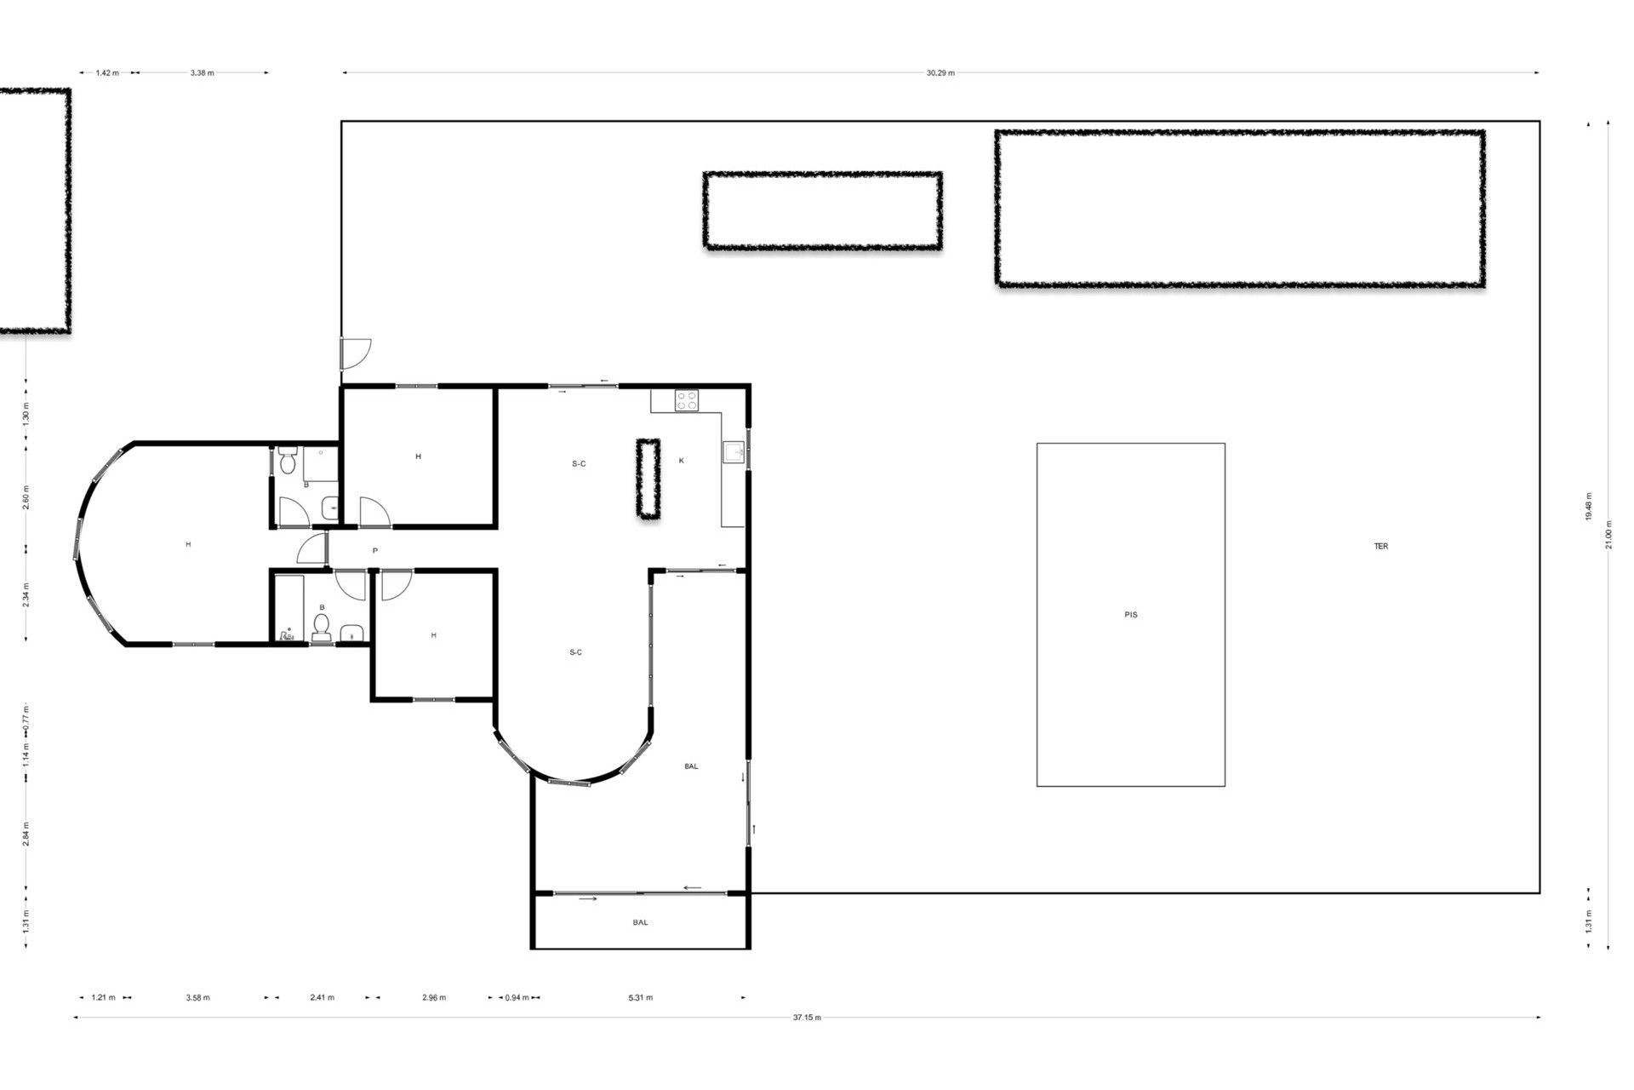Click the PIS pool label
1130,614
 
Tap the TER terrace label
1380,546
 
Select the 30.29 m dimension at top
940,73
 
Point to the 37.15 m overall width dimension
807,1018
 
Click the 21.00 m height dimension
1608,535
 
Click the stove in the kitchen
687,400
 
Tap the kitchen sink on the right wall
734,452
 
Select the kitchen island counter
648,479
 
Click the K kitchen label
682,461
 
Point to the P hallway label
375,551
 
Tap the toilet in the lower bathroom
322,627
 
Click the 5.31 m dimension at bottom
640,998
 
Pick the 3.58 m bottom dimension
197,998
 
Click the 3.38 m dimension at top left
202,73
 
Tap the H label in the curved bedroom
188,544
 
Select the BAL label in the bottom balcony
640,922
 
